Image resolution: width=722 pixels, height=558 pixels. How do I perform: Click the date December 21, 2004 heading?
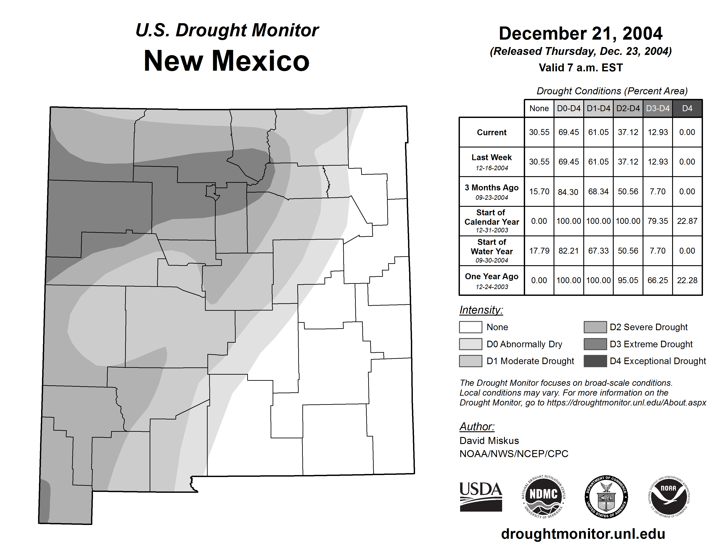coord(580,34)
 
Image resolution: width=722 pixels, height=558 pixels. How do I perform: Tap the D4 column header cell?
coord(687,108)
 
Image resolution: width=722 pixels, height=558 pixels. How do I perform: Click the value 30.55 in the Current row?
coord(539,132)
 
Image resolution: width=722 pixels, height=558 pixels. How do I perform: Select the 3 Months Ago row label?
coord(492,191)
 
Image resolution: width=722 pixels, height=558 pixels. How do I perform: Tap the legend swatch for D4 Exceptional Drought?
coord(595,361)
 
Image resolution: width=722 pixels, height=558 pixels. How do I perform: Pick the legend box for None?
coord(470,327)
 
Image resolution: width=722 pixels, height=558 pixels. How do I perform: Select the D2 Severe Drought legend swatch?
coord(595,327)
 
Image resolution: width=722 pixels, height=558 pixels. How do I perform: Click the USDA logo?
coord(481,497)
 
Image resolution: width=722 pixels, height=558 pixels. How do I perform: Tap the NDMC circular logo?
coord(543,497)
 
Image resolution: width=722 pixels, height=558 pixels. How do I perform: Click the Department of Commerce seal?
coord(606,497)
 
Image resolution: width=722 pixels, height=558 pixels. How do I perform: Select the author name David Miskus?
coord(489,441)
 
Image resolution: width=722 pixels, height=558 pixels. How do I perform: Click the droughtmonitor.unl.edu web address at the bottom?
coord(583,534)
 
